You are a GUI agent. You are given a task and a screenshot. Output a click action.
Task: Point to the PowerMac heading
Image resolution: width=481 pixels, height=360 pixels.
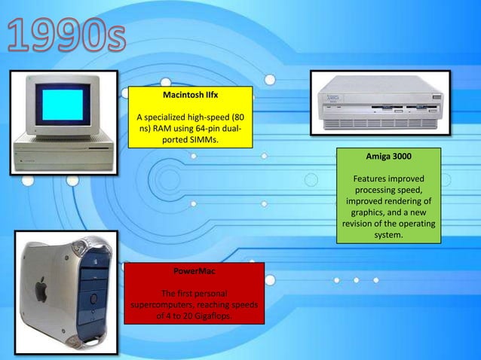pos(194,270)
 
